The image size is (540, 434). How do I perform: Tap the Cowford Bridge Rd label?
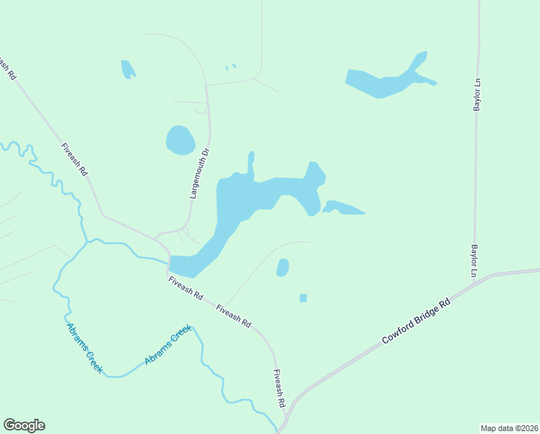[x=416, y=322]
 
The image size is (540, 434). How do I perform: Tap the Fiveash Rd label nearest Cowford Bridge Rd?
[x=280, y=388]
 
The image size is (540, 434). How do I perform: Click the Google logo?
[x=24, y=425]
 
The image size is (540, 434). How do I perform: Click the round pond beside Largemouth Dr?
[x=180, y=140]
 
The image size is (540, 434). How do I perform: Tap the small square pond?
[x=303, y=298]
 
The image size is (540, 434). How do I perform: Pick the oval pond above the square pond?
[x=283, y=268]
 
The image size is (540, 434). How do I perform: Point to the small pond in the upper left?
[x=127, y=69]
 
